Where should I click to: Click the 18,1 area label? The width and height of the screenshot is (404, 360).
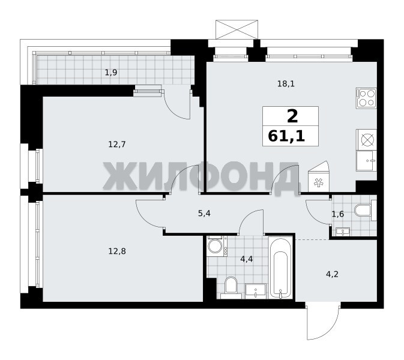[x=286, y=83]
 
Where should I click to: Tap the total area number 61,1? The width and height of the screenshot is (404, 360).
[x=286, y=136]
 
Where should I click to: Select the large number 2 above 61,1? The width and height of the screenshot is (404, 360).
[x=292, y=116]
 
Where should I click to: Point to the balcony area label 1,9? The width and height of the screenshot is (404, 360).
[x=111, y=73]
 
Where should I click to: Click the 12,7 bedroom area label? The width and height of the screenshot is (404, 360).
[x=117, y=145]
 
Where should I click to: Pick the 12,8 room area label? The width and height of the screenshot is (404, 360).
[x=117, y=251]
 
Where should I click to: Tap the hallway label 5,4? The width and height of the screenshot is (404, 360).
[x=204, y=214]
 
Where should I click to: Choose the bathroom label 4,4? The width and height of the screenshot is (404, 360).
[x=247, y=259]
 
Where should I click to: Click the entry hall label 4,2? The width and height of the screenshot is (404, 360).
[x=332, y=275]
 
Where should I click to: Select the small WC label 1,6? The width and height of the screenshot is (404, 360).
[x=338, y=214]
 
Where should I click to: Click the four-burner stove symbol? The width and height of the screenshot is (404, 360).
[x=366, y=98]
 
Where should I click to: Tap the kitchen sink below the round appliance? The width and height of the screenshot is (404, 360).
[x=366, y=161]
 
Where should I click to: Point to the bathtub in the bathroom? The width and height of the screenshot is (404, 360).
[x=280, y=268]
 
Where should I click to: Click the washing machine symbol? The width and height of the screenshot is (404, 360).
[x=217, y=246]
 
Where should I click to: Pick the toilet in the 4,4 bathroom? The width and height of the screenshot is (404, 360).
[x=231, y=287]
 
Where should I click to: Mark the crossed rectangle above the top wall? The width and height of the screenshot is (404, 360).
[x=237, y=29]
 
